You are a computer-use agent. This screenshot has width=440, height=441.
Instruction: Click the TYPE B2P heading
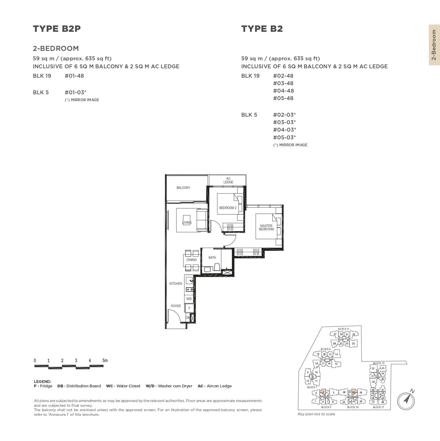[57, 29]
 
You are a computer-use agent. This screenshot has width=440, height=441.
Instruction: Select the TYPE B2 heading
[262, 29]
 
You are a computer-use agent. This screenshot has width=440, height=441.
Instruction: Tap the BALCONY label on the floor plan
[183, 188]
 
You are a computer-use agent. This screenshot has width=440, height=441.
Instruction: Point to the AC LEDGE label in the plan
[228, 180]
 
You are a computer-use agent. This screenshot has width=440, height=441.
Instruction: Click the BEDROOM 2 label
[228, 208]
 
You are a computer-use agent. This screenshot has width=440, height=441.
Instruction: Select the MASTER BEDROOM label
[266, 228]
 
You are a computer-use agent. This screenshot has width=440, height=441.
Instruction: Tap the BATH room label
[212, 258]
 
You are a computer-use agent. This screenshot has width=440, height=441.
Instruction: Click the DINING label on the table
[191, 260]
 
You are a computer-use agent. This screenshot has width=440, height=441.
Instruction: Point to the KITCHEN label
[176, 284]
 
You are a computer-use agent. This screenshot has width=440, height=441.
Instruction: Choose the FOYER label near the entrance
[176, 306]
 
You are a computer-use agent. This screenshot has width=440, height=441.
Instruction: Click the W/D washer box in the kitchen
[189, 299]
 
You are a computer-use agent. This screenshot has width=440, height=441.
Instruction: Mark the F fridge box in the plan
[189, 308]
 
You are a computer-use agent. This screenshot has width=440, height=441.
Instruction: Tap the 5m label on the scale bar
[105, 361]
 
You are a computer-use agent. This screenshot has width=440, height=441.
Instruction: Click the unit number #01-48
[74, 76]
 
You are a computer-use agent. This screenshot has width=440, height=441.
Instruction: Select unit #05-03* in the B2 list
[284, 137]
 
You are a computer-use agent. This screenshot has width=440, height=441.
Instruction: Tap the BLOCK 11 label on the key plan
[343, 329]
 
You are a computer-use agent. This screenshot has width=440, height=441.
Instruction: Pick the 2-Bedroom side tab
[434, 45]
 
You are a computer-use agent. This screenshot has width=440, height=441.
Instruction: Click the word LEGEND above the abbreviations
[42, 382]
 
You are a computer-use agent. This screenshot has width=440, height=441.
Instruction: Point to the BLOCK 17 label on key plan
[378, 407]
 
